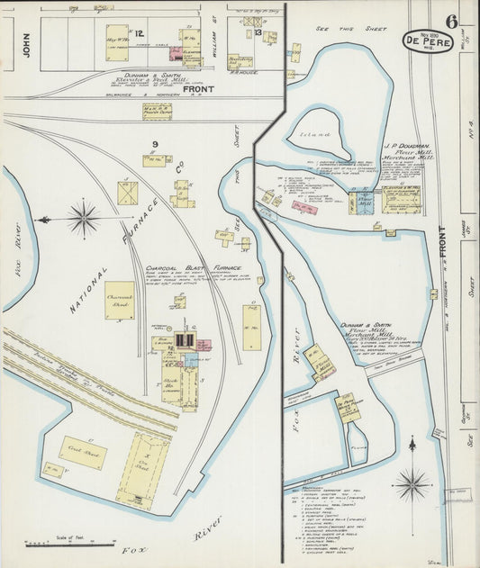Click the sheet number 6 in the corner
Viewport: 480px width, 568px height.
pos(451,21)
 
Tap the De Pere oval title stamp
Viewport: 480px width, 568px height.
pos(427,42)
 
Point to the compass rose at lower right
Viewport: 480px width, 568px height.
pos(412,482)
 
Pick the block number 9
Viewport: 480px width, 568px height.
pos(155,144)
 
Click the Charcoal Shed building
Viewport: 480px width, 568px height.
pos(119,300)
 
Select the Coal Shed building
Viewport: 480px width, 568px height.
pos(83,452)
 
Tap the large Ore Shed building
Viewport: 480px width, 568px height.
pos(141,468)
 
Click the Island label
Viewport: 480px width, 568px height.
pos(314,134)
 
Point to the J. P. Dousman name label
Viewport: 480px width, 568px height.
pos(408,146)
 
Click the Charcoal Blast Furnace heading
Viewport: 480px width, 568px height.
pos(187,268)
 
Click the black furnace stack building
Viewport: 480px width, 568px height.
pos(186,339)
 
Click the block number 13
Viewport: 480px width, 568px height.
pos(258,33)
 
